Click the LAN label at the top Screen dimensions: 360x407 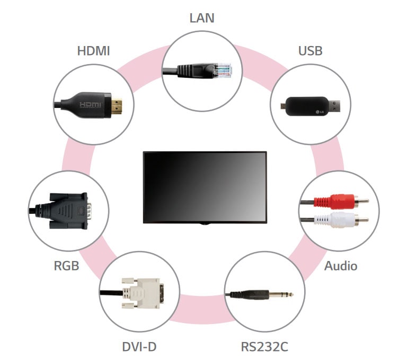203,18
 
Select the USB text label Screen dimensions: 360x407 311,51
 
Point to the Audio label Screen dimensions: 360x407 340,266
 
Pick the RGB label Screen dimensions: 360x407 66,266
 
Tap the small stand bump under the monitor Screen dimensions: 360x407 205,224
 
